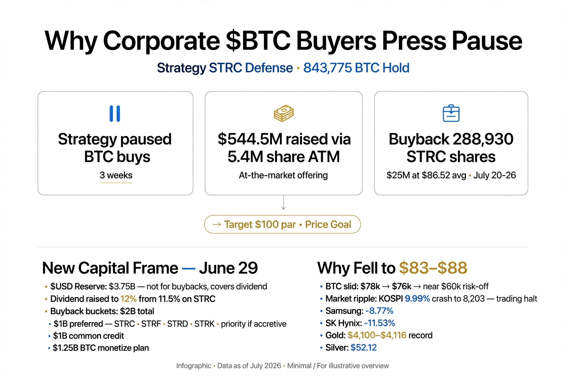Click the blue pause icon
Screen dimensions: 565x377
[x=115, y=113]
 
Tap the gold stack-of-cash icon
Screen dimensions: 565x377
[x=284, y=113]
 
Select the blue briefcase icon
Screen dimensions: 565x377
[x=451, y=113]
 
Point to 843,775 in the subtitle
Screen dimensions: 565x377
[x=328, y=68]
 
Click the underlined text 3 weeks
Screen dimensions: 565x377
[x=116, y=175]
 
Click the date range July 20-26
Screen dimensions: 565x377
[x=495, y=175]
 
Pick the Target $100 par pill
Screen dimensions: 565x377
[x=282, y=224]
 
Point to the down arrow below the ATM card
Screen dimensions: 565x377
[x=283, y=202]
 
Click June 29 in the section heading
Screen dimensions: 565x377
[x=228, y=268]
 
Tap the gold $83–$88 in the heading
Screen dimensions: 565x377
[x=433, y=268]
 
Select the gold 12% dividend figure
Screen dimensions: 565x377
[x=128, y=299]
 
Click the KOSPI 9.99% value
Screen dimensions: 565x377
[x=417, y=299]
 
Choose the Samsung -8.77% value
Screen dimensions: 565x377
[x=379, y=311]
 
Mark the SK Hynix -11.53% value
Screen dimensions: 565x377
[x=380, y=323]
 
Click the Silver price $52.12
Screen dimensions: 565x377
[x=364, y=348]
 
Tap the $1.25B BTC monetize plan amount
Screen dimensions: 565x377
[x=66, y=348]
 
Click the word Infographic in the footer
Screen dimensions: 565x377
[x=194, y=366]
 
